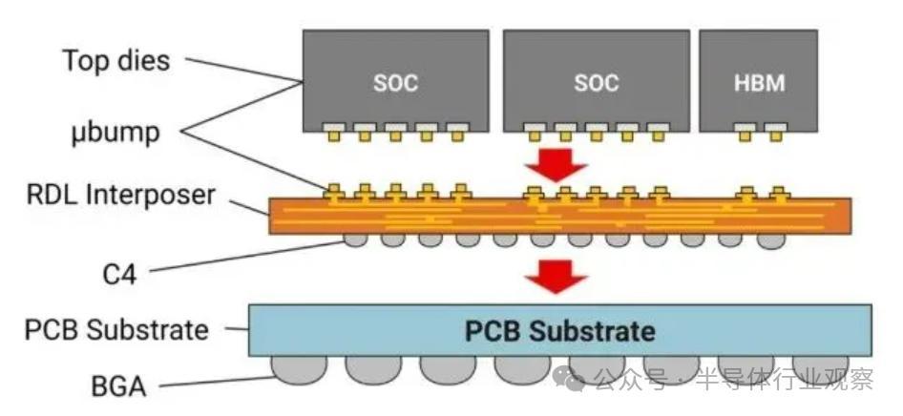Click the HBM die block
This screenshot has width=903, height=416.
pos(759,81)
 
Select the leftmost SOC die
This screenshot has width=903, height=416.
pos(395,81)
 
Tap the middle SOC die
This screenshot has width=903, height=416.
pos(596,81)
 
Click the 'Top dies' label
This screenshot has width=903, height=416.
pos(116,60)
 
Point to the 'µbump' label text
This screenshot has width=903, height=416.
pos(115,134)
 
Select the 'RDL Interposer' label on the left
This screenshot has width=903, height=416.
pos(120,195)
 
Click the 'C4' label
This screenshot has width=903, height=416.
pos(119,275)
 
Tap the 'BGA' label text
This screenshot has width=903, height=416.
pos(118,386)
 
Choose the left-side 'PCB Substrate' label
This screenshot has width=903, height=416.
pos(116,330)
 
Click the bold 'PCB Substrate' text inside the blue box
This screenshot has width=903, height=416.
pos(559,331)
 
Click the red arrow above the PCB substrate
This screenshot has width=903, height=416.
pos(556,276)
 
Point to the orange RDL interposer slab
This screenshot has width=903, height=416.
pos(559,216)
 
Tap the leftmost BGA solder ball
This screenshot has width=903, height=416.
pos(299,369)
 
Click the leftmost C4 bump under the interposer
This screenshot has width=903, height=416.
pos(355,239)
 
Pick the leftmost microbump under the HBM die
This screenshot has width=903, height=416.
pos(745,132)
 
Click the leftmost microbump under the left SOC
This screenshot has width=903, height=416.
pos(333,132)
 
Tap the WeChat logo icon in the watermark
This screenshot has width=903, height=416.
pos(569,379)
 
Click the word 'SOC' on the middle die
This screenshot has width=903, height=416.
pos(596,83)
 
